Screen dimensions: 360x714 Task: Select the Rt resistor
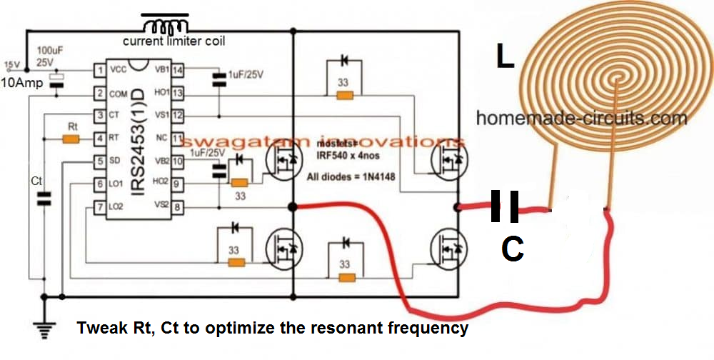[71, 138]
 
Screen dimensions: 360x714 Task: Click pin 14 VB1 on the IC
[176, 70]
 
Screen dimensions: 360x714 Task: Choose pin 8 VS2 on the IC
[176, 207]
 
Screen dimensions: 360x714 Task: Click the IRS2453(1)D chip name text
[142, 139]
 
